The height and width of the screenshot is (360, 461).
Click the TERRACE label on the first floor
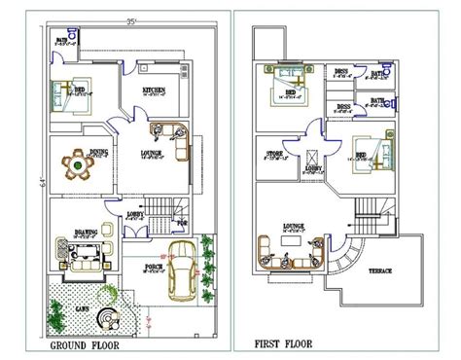[380, 271]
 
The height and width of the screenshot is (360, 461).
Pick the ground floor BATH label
[60, 40]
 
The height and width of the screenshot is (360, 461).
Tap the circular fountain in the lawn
[113, 317]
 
